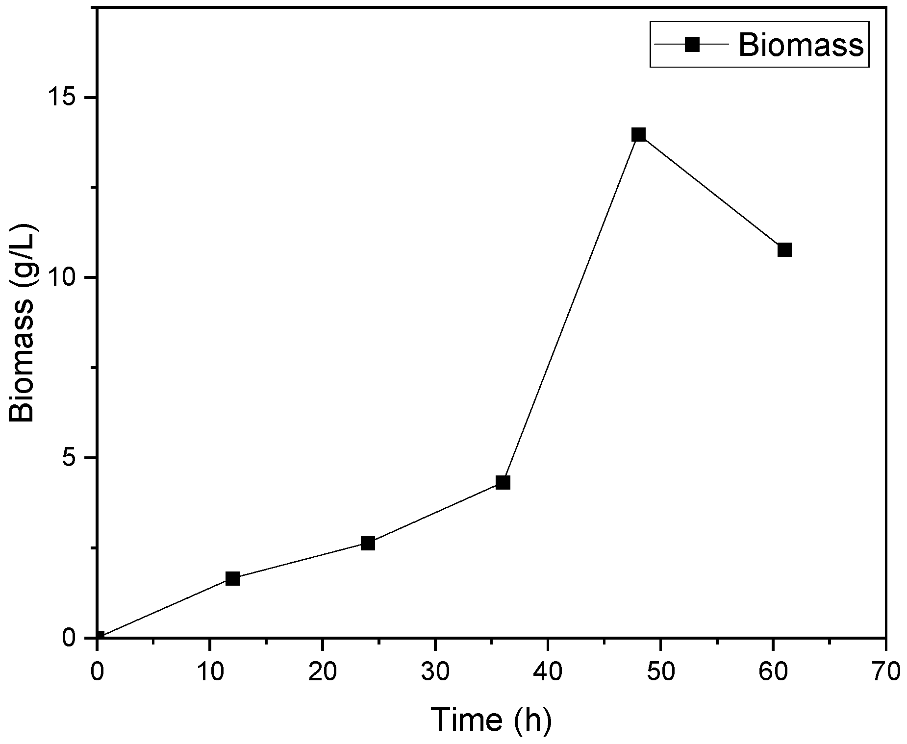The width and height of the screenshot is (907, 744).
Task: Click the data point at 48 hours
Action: click(x=638, y=134)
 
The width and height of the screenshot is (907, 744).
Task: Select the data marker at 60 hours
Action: click(x=784, y=250)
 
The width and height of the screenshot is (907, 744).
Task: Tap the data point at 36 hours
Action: click(x=503, y=483)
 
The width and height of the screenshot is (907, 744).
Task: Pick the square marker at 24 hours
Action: click(x=368, y=543)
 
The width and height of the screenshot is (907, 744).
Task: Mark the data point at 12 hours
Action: click(x=232, y=579)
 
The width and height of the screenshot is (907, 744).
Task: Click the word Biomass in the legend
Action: click(x=801, y=45)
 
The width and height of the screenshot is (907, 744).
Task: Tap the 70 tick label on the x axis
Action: click(x=886, y=670)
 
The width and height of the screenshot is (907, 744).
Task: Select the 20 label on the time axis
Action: click(x=322, y=670)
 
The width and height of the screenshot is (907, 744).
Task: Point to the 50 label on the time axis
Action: click(x=660, y=670)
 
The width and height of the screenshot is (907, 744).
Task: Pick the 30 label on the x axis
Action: click(x=435, y=670)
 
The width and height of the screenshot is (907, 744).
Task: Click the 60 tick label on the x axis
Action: click(x=773, y=670)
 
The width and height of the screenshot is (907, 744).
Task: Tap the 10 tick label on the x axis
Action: click(x=209, y=670)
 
